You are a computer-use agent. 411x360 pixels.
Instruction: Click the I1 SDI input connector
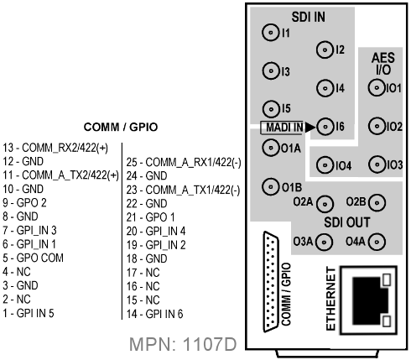(x=270, y=33)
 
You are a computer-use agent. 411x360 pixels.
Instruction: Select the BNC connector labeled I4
(x=325, y=88)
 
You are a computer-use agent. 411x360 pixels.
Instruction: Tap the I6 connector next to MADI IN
(x=325, y=127)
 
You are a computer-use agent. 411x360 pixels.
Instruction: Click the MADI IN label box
(x=282, y=128)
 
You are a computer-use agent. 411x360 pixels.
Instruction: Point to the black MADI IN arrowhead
(x=310, y=128)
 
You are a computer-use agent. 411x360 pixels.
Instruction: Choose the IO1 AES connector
(x=377, y=88)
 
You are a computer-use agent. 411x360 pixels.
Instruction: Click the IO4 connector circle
(x=325, y=165)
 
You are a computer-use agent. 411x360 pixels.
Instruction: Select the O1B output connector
(x=271, y=186)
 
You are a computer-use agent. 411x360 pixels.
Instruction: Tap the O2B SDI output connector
(x=377, y=202)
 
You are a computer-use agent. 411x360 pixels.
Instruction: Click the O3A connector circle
(x=324, y=242)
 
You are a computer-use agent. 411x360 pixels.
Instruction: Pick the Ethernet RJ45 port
(x=368, y=300)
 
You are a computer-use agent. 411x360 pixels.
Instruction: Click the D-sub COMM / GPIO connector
(x=271, y=282)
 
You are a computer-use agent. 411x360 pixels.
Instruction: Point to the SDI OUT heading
(x=346, y=222)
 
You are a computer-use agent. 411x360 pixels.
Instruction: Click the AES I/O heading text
(x=383, y=64)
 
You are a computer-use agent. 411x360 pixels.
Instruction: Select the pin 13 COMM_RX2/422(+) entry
(x=55, y=148)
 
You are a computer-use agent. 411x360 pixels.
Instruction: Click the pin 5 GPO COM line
(x=33, y=258)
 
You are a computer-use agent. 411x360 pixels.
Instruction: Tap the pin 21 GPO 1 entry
(x=150, y=217)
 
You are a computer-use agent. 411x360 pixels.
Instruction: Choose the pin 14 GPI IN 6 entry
(x=154, y=314)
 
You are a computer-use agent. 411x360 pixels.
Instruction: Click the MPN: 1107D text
(x=183, y=344)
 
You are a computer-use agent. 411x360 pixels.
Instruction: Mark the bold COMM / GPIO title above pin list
(x=121, y=128)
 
